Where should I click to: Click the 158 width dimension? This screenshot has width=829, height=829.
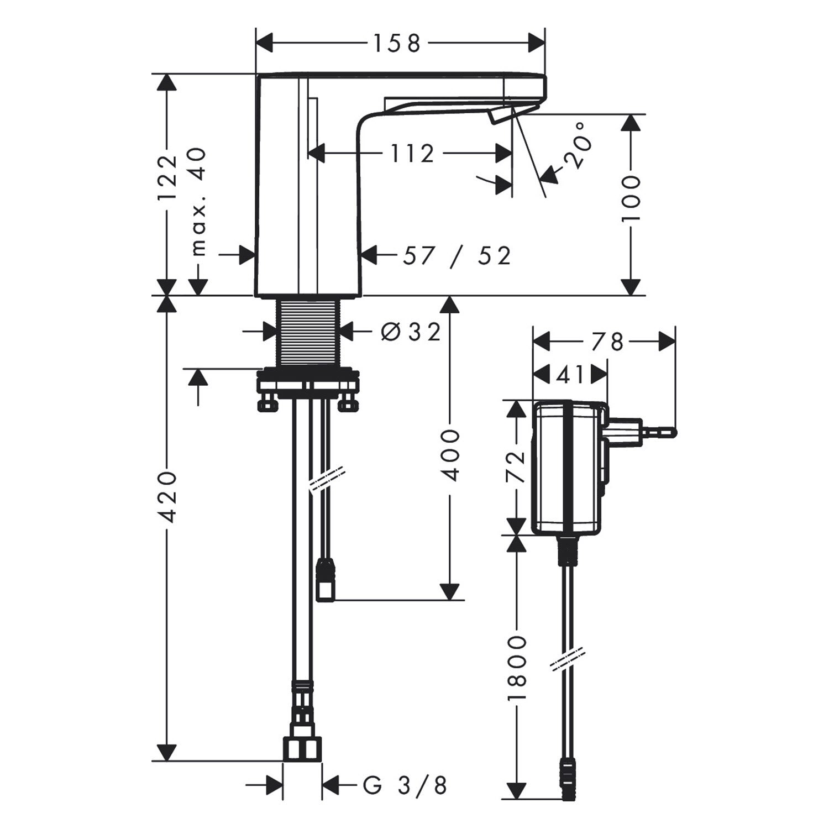pyautogui.click(x=397, y=43)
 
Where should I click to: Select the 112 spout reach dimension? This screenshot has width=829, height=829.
pyautogui.click(x=413, y=153)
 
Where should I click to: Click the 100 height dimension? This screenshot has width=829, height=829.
pyautogui.click(x=630, y=199)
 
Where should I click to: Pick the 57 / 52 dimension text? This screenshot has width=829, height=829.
pyautogui.click(x=457, y=255)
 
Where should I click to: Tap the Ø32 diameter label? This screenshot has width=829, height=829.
pyautogui.click(x=411, y=332)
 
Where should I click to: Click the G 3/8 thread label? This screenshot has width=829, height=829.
pyautogui.click(x=405, y=784)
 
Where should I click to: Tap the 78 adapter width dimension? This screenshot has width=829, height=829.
pyautogui.click(x=607, y=342)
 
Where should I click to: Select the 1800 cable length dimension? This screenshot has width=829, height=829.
pyautogui.click(x=517, y=668)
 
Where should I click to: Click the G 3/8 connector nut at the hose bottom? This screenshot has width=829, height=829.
pyautogui.click(x=302, y=749)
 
